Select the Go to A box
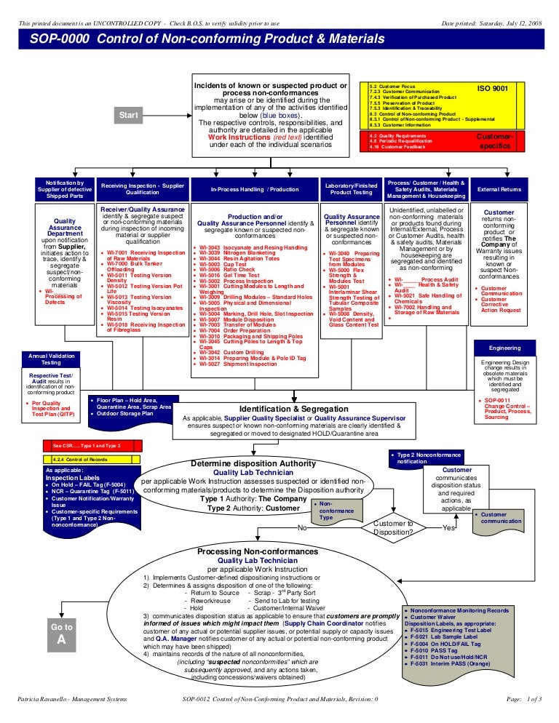[x=62, y=634]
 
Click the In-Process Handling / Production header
[x=245, y=189]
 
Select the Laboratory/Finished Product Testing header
[x=352, y=189]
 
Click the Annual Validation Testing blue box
[x=51, y=359]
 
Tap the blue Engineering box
[x=504, y=348]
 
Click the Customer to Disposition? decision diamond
[x=393, y=527]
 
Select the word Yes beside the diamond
[x=449, y=528]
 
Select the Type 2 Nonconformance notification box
[x=427, y=458]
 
